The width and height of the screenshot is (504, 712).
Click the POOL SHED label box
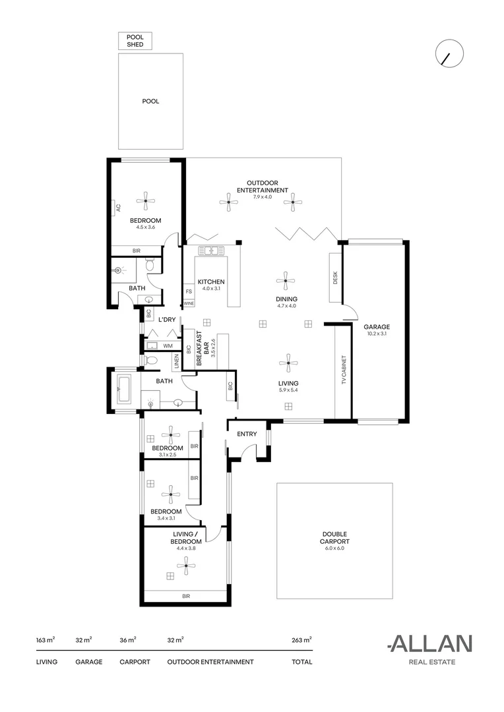135,41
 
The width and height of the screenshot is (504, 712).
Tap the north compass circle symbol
449,53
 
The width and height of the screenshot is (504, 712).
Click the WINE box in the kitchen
189,303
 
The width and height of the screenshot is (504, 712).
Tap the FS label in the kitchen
189,291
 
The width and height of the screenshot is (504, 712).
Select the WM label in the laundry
168,345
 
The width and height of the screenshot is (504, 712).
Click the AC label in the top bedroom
118,207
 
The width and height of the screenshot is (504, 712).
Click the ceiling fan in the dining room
285,281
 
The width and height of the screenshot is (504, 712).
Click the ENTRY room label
247,434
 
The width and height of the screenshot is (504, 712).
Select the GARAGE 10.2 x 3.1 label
377,330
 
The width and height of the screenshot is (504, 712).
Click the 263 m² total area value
301,639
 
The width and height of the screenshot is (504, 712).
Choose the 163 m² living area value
46,639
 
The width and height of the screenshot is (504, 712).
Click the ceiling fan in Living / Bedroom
185,564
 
